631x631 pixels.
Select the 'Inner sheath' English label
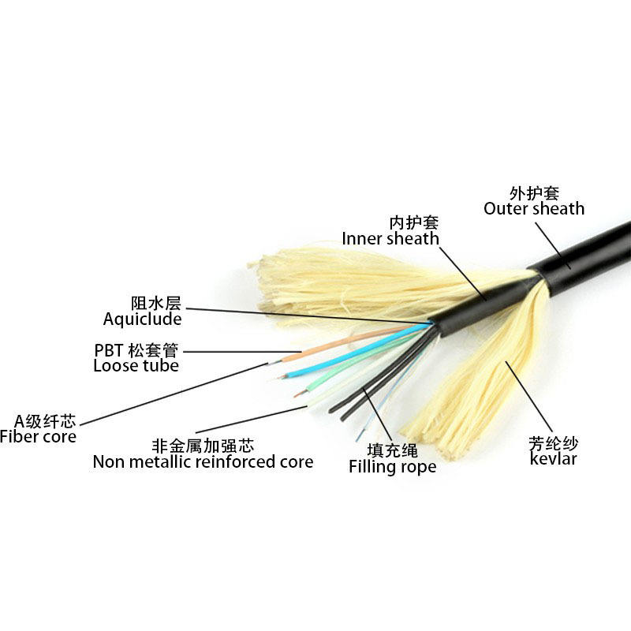click(x=390, y=238)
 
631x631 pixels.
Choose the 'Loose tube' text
click(x=136, y=366)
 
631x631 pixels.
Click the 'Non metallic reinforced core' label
click(x=203, y=461)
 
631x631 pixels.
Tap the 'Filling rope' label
click(x=392, y=467)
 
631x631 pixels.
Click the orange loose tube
click(x=331, y=348)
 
